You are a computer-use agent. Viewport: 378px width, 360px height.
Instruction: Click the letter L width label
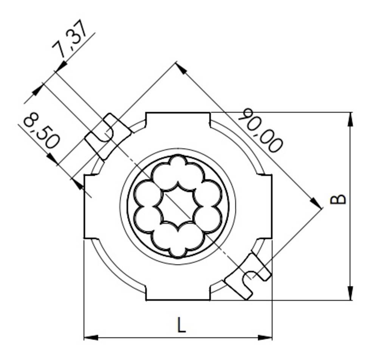click(182, 325)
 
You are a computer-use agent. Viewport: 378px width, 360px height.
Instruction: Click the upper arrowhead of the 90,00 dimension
click(181, 68)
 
